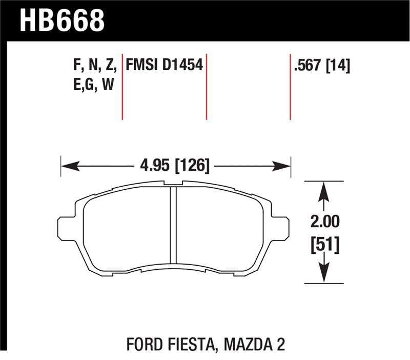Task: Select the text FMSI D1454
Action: (165, 65)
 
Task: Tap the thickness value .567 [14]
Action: (322, 65)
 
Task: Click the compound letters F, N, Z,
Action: (95, 65)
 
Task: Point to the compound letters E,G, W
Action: (94, 84)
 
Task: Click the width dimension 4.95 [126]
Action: (175, 166)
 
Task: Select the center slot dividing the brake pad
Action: (173, 226)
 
